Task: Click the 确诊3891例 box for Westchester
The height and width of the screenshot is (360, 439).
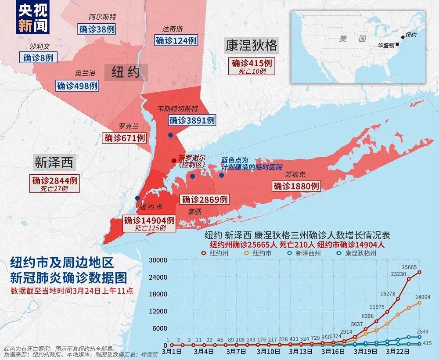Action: (192, 120)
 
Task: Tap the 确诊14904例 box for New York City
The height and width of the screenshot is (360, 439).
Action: (150, 220)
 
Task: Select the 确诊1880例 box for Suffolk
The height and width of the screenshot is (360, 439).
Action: (296, 186)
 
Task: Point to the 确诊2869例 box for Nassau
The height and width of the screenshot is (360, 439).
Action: (205, 199)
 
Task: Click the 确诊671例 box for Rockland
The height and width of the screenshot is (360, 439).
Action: (125, 138)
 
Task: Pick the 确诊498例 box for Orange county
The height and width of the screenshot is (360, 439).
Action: (77, 86)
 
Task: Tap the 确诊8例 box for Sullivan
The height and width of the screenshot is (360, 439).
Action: (38, 57)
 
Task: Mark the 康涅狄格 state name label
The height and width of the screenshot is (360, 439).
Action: (252, 45)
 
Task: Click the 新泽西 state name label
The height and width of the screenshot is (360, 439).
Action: (54, 163)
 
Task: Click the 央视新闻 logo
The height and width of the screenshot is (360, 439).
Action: (33, 18)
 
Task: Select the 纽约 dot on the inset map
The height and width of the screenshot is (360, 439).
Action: (403, 37)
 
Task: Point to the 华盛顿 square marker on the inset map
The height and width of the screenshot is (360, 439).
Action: (397, 44)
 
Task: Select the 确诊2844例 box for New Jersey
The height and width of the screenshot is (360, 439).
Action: (55, 180)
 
